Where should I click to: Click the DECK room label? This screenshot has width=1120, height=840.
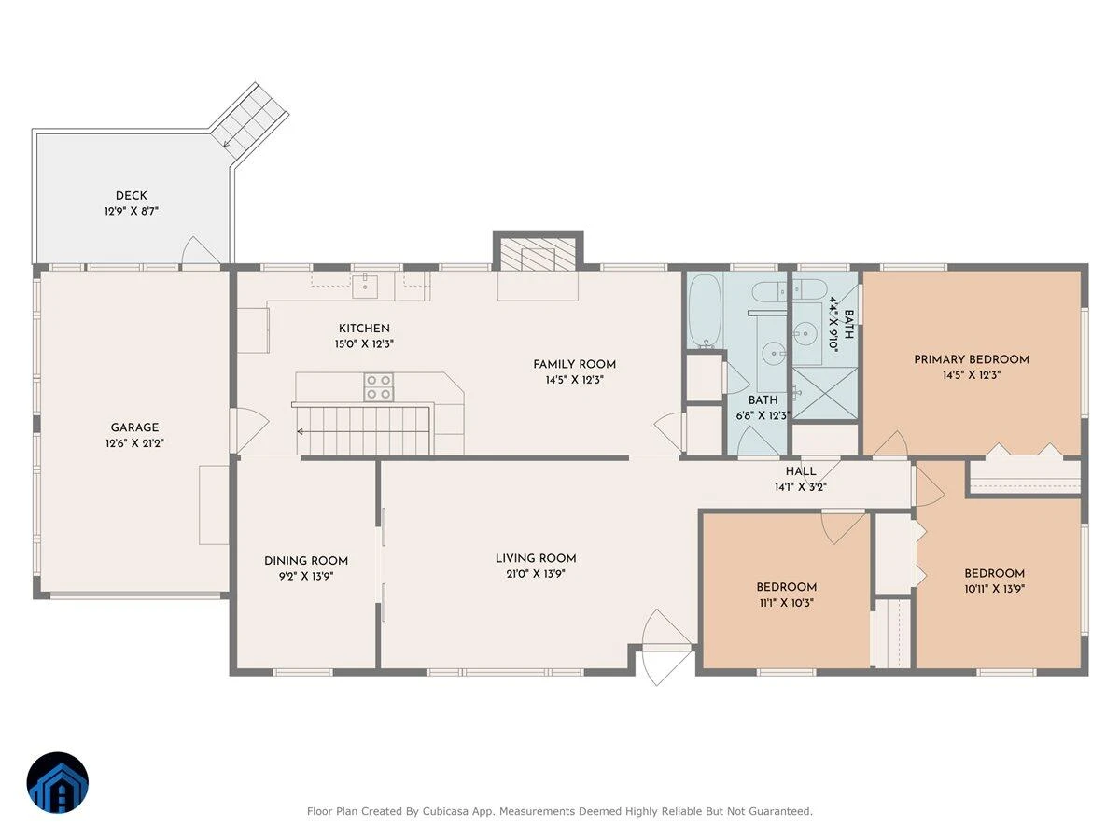click(132, 196)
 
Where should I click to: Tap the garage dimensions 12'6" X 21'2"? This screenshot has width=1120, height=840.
click(134, 443)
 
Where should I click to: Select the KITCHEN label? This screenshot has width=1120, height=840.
click(364, 329)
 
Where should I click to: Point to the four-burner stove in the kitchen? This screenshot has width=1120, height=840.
click(379, 387)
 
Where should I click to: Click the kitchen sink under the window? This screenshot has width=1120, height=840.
click(365, 287)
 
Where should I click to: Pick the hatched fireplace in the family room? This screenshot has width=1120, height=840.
click(538, 253)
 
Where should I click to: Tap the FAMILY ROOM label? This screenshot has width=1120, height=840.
click(575, 364)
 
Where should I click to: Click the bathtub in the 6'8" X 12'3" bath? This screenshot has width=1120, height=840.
click(705, 311)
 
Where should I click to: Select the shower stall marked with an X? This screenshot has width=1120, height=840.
click(825, 393)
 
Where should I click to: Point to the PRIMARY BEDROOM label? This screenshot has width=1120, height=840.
click(972, 359)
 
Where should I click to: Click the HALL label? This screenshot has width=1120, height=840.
click(801, 471)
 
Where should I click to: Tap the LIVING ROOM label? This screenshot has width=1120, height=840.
click(536, 558)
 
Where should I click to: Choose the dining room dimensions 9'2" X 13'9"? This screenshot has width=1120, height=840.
click(306, 576)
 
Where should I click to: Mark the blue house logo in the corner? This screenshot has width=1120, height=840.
click(58, 783)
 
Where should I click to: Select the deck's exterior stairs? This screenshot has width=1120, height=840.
click(250, 121)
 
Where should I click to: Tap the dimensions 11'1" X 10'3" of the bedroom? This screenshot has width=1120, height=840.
click(786, 603)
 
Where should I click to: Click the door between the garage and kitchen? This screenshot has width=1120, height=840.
click(250, 431)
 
